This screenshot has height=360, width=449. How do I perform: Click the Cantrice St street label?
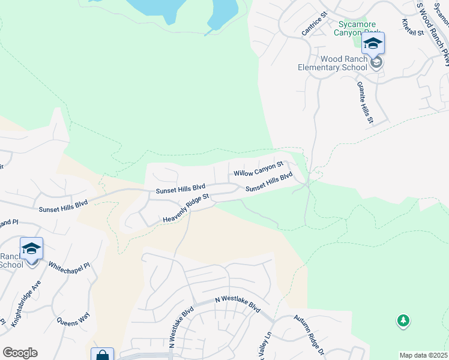[314, 23]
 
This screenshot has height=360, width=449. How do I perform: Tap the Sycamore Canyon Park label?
[360, 28]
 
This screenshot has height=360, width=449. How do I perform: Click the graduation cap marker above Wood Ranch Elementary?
[373, 43]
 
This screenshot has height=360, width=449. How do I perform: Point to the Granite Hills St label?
[365, 103]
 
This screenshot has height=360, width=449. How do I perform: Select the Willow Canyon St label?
[258, 169]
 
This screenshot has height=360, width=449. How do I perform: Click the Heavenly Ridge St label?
[185, 209]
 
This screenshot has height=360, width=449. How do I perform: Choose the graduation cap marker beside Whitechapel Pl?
[31, 248]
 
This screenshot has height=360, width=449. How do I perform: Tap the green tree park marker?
[403, 321]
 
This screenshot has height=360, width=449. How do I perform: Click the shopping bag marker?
[102, 355]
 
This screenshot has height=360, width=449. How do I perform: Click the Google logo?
[20, 353]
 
